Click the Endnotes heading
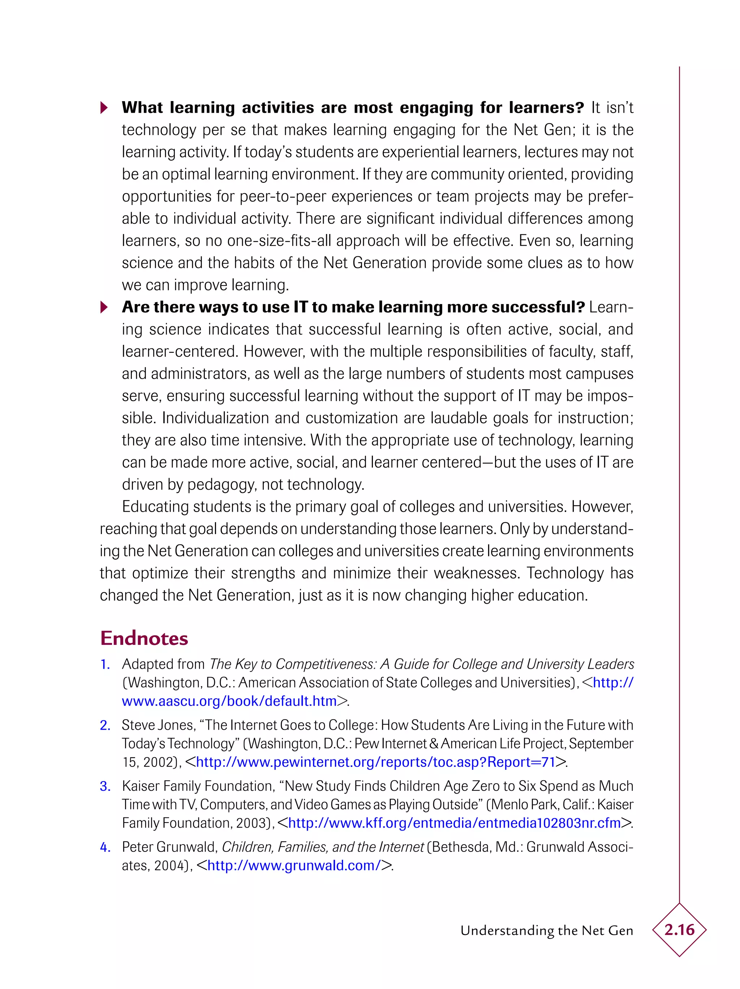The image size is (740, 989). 144,638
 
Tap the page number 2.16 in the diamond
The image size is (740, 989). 679,929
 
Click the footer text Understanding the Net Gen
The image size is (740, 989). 546,931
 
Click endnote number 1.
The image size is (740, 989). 105,664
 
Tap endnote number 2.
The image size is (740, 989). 105,725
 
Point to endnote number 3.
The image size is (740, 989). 105,786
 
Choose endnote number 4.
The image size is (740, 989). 105,847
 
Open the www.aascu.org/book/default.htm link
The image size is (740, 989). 229,701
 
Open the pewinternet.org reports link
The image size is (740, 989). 375,762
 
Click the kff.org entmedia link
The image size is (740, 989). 455,823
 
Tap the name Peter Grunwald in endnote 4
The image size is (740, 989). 169,847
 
